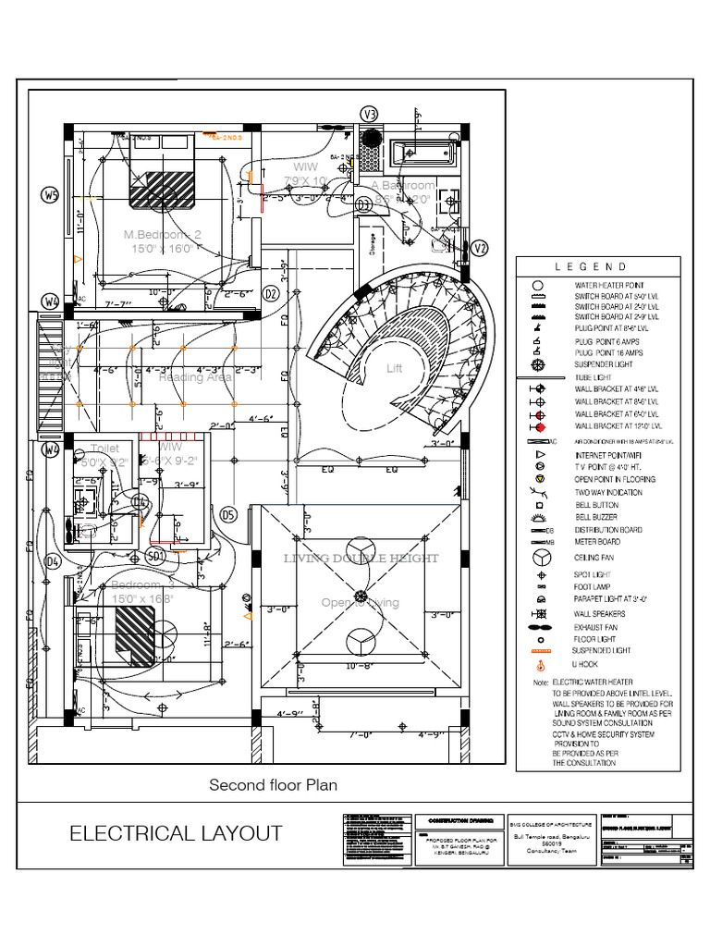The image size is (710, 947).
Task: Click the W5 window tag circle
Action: tap(50, 194)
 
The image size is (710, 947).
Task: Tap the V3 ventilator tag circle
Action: tap(370, 114)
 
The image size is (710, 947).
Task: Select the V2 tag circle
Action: tap(479, 248)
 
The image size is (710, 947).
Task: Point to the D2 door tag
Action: tap(271, 293)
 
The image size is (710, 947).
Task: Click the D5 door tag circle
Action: tap(228, 513)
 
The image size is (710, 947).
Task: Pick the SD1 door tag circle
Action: tap(155, 556)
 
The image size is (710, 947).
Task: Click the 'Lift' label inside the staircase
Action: tap(395, 368)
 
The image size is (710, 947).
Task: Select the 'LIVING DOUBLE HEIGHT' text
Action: tap(361, 559)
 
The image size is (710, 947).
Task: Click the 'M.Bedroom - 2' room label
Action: tap(162, 235)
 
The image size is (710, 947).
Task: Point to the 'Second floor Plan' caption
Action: tap(273, 785)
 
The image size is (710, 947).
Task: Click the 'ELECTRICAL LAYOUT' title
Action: tap(176, 833)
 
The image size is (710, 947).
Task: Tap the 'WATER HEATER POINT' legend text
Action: tap(610, 286)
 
